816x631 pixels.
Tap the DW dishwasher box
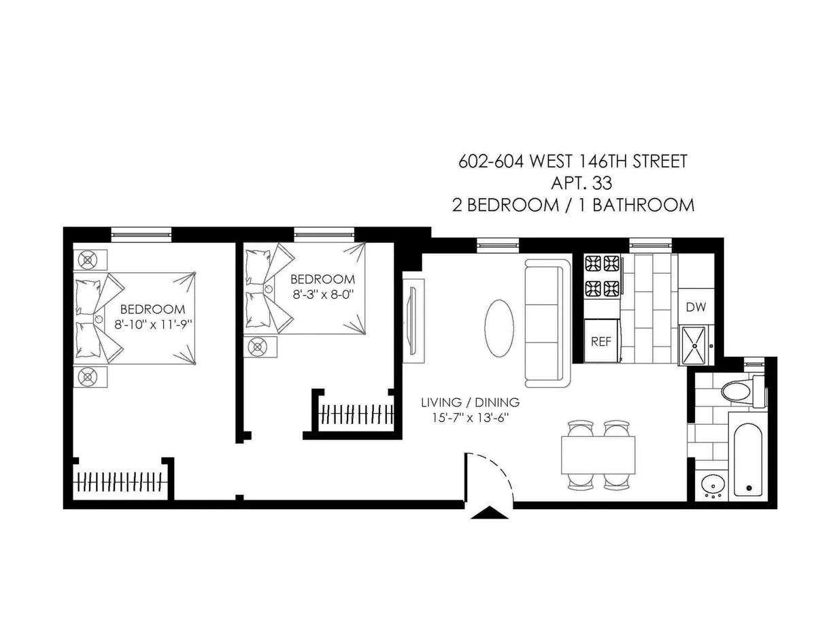click(x=696, y=307)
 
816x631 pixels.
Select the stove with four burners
click(x=602, y=275)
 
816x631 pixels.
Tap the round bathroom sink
click(x=712, y=485)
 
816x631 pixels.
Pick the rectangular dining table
click(x=598, y=455)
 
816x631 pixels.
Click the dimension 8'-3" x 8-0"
click(x=322, y=294)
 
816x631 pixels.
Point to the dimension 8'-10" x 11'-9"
click(x=154, y=324)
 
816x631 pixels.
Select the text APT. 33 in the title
click(x=581, y=183)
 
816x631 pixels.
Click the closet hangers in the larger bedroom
click(x=120, y=482)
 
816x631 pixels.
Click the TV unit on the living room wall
click(x=413, y=317)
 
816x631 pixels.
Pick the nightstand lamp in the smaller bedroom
click(x=258, y=346)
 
